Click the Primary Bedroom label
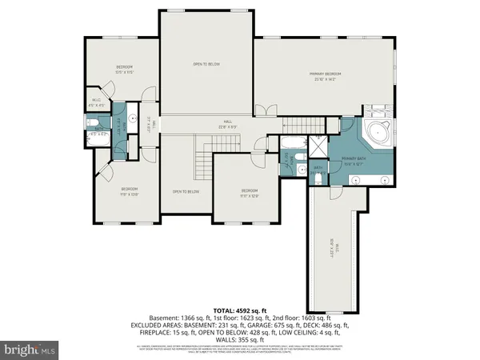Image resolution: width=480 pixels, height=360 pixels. tap(325, 76)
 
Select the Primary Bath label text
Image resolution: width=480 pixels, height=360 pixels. tap(354, 160)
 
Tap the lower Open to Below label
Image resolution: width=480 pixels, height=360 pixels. tap(186, 192)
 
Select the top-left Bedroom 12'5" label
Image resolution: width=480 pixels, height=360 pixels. tap(123, 69)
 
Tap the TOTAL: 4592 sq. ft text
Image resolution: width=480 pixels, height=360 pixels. tap(240, 310)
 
